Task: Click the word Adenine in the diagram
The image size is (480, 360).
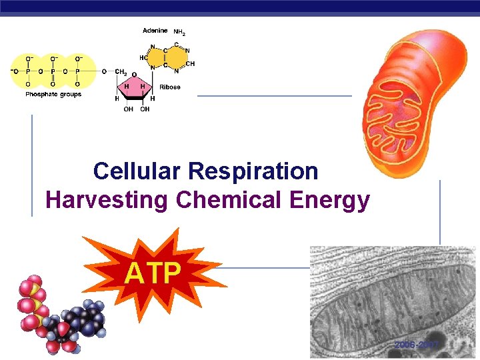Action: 155,31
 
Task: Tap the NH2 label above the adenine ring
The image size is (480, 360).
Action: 179,31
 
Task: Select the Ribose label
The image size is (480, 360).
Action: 170,87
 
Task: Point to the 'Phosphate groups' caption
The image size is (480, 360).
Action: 53,95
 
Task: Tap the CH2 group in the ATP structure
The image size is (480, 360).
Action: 121,71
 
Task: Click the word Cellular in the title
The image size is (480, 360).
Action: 137,171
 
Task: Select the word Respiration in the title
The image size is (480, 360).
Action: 253,171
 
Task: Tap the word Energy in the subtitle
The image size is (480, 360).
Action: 335,200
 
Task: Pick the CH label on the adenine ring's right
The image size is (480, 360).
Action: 190,64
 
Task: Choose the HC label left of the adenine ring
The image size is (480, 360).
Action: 143,57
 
